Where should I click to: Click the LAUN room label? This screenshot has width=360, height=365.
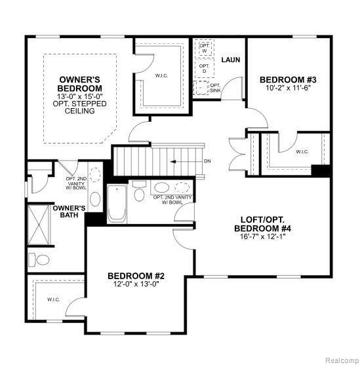click(x=230, y=60)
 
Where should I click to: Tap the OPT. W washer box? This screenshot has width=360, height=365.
click(x=205, y=48)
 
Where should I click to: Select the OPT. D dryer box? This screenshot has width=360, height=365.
click(x=205, y=68)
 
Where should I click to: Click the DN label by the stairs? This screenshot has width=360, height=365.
click(x=207, y=161)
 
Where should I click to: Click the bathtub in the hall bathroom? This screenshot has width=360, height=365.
click(x=117, y=204)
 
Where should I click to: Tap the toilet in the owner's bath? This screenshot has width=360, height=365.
click(x=39, y=259)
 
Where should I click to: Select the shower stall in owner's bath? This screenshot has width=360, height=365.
click(x=39, y=225)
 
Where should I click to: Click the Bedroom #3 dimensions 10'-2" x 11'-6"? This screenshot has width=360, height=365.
click(x=289, y=88)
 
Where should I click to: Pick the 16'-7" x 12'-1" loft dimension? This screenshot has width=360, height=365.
click(x=262, y=237)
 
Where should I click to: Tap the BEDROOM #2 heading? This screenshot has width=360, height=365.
click(x=136, y=276)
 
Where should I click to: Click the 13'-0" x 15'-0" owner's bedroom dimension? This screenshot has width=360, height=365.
click(x=80, y=96)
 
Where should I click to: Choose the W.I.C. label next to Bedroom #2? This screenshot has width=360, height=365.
click(x=53, y=299)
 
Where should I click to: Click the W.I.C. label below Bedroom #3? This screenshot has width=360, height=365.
click(x=302, y=152)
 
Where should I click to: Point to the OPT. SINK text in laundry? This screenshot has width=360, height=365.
click(x=215, y=88)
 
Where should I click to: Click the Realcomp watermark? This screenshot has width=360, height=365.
click(x=342, y=360)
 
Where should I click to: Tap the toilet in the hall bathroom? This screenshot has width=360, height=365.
click(x=139, y=191)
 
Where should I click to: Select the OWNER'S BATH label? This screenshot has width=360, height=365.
click(x=69, y=212)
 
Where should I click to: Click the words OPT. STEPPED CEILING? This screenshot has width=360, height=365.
click(x=80, y=107)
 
